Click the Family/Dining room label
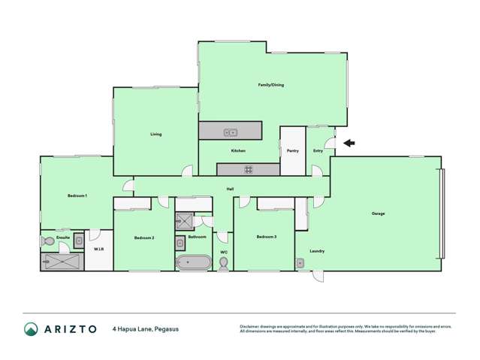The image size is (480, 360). tap(271, 85)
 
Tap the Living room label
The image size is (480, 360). tap(155, 135)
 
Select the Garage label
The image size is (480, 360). tap(378, 214)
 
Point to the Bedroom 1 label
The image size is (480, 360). tap(77, 196)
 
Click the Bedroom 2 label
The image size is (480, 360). tap(144, 237)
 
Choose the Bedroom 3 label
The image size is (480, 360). tap(267, 237)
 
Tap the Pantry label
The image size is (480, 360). tap(293, 150)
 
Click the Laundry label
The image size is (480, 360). tap(317, 250)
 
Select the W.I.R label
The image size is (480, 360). tap(98, 249)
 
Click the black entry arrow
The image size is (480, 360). tap(348, 143)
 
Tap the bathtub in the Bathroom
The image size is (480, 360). tap(194, 262)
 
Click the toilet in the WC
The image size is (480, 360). tap(224, 262)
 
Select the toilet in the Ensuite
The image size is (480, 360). tap(47, 242)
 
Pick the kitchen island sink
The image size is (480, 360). tap(231, 132)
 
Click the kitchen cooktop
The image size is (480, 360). tap(248, 168)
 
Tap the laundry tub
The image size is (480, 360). tap(300, 262)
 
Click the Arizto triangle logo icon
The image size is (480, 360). tap(30, 328)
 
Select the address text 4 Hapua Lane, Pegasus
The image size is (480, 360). tap(146, 328)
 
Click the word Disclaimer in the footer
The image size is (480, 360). tap(250, 326)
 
